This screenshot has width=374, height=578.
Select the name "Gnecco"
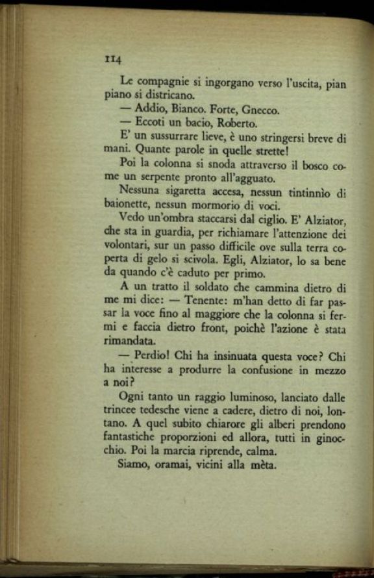point(260,110)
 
